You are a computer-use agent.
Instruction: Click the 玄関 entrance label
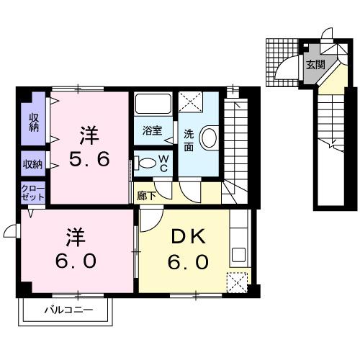click(315, 65)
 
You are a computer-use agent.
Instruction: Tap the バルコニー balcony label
click(67, 311)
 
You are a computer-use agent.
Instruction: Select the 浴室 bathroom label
click(151, 131)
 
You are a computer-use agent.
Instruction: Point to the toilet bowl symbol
click(146, 163)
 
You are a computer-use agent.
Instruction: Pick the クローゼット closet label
click(34, 192)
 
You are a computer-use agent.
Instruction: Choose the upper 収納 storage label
click(34, 122)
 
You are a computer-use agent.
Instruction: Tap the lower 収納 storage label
click(34, 163)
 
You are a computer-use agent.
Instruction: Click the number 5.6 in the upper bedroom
click(89, 158)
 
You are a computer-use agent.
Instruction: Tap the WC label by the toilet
click(163, 163)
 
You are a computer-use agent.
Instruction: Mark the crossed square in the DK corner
click(237, 282)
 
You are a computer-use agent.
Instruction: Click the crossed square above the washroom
click(189, 102)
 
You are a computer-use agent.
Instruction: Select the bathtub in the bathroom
click(151, 107)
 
